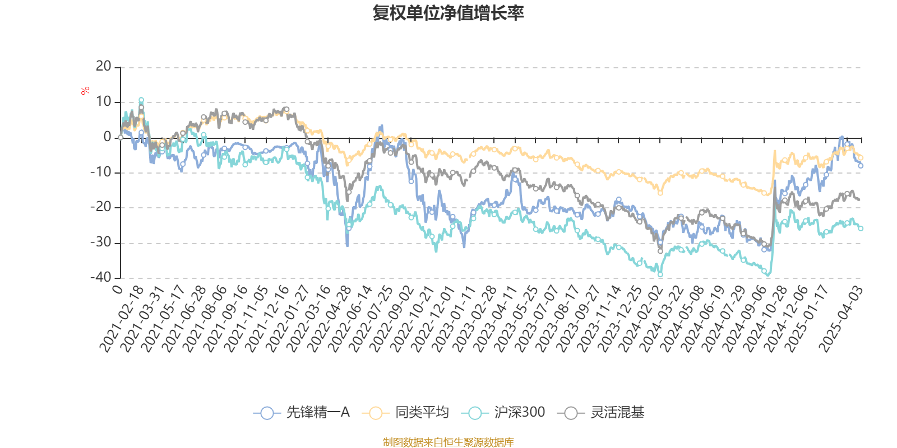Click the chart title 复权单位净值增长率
coord(448,13)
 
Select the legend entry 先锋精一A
coord(303,413)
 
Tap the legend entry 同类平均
coord(406,413)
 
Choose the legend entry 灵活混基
coord(602,413)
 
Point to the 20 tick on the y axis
coord(104,67)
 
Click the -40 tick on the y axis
coord(101,277)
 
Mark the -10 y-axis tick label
coord(101,172)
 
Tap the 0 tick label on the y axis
coord(108,137)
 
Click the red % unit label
coord(85,90)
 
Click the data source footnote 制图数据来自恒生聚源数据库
coord(448,442)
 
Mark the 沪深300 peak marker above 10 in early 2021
coord(141,100)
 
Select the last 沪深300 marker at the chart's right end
coord(861,228)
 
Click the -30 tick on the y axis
coord(101,242)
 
